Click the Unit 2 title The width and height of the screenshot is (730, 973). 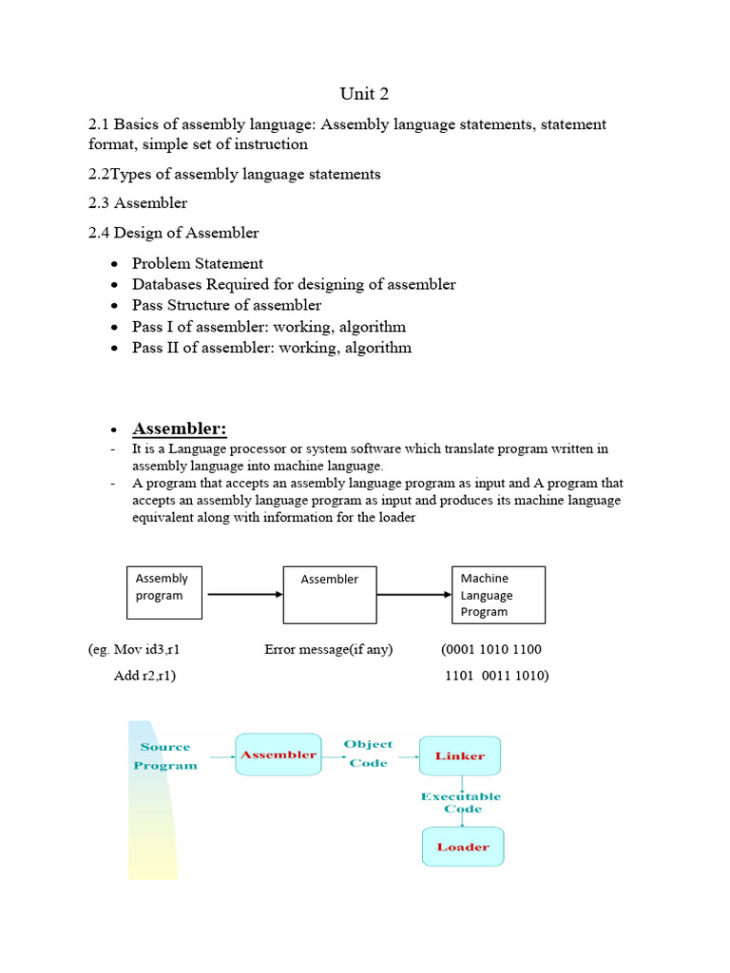tap(364, 93)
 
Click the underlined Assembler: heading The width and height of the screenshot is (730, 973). tap(180, 429)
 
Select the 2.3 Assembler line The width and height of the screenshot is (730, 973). tap(138, 202)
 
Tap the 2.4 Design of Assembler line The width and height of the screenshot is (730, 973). tap(173, 232)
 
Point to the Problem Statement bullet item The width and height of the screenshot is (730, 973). tap(198, 263)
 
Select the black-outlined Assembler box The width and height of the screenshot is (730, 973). tap(330, 595)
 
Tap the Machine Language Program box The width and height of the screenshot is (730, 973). tap(498, 595)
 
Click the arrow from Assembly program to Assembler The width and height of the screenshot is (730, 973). tap(245, 595)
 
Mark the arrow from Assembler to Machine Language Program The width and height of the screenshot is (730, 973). tap(413, 595)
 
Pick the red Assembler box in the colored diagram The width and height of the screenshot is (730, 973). tap(279, 754)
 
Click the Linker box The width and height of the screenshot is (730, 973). tap(460, 755)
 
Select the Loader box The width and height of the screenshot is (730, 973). tap(463, 847)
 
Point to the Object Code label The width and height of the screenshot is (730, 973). tap(369, 754)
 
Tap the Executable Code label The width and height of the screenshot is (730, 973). tap(461, 802)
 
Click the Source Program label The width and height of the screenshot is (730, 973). tap(165, 756)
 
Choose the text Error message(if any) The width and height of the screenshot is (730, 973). tap(329, 650)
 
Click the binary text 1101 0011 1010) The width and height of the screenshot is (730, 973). tap(497, 676)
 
